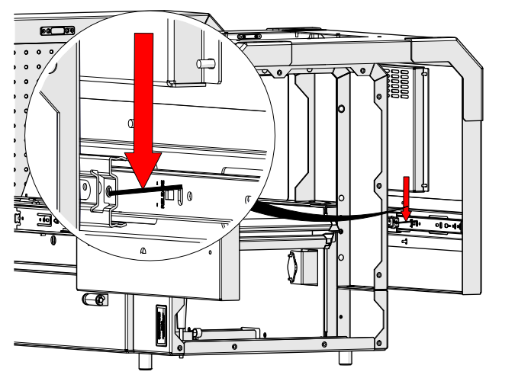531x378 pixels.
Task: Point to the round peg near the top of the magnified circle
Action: (204, 62)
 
